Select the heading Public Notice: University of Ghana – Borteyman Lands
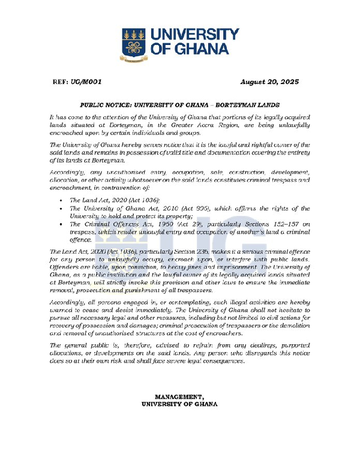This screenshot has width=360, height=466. tap(179, 104)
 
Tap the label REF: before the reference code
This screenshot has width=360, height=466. tap(59, 82)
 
